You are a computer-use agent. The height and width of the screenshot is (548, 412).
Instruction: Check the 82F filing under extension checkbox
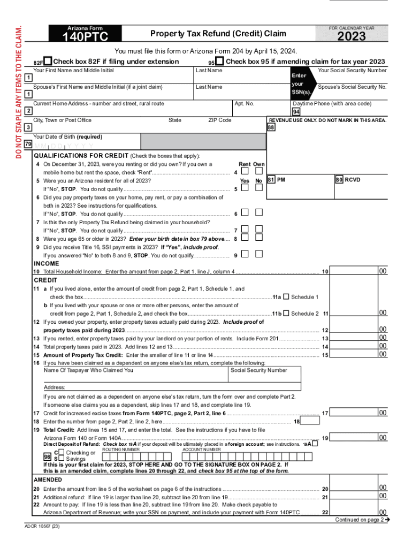pyautogui.click(x=48, y=61)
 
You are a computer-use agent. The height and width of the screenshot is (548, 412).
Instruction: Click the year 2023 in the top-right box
pyautogui.click(x=351, y=36)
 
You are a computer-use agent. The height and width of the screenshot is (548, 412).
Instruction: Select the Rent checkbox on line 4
pyautogui.click(x=245, y=171)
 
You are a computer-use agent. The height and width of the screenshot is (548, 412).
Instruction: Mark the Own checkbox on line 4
pyautogui.click(x=259, y=171)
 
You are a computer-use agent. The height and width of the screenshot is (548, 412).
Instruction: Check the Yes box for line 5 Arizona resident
pyautogui.click(x=245, y=188)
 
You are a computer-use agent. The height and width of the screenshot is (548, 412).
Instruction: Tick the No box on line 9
pyautogui.click(x=259, y=254)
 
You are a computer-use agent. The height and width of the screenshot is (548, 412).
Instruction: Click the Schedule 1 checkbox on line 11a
pyautogui.click(x=286, y=296)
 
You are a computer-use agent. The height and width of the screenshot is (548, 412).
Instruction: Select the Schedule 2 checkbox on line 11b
pyautogui.click(x=286, y=313)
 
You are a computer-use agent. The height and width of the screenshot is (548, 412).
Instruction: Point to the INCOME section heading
pyautogui.click(x=47, y=263)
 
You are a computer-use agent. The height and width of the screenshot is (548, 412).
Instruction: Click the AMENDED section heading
pyautogui.click(x=48, y=479)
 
